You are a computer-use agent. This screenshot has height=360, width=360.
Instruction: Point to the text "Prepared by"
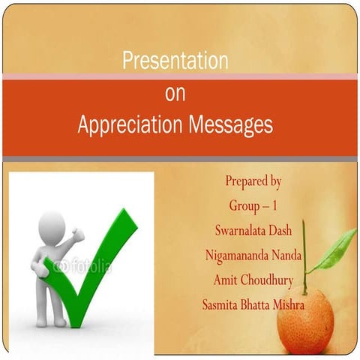coord(253,181)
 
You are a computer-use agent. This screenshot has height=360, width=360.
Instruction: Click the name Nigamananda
coord(236,254)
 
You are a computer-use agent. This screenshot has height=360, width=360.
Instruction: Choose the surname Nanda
coord(287,254)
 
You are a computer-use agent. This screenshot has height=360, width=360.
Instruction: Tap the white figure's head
coord(52,224)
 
